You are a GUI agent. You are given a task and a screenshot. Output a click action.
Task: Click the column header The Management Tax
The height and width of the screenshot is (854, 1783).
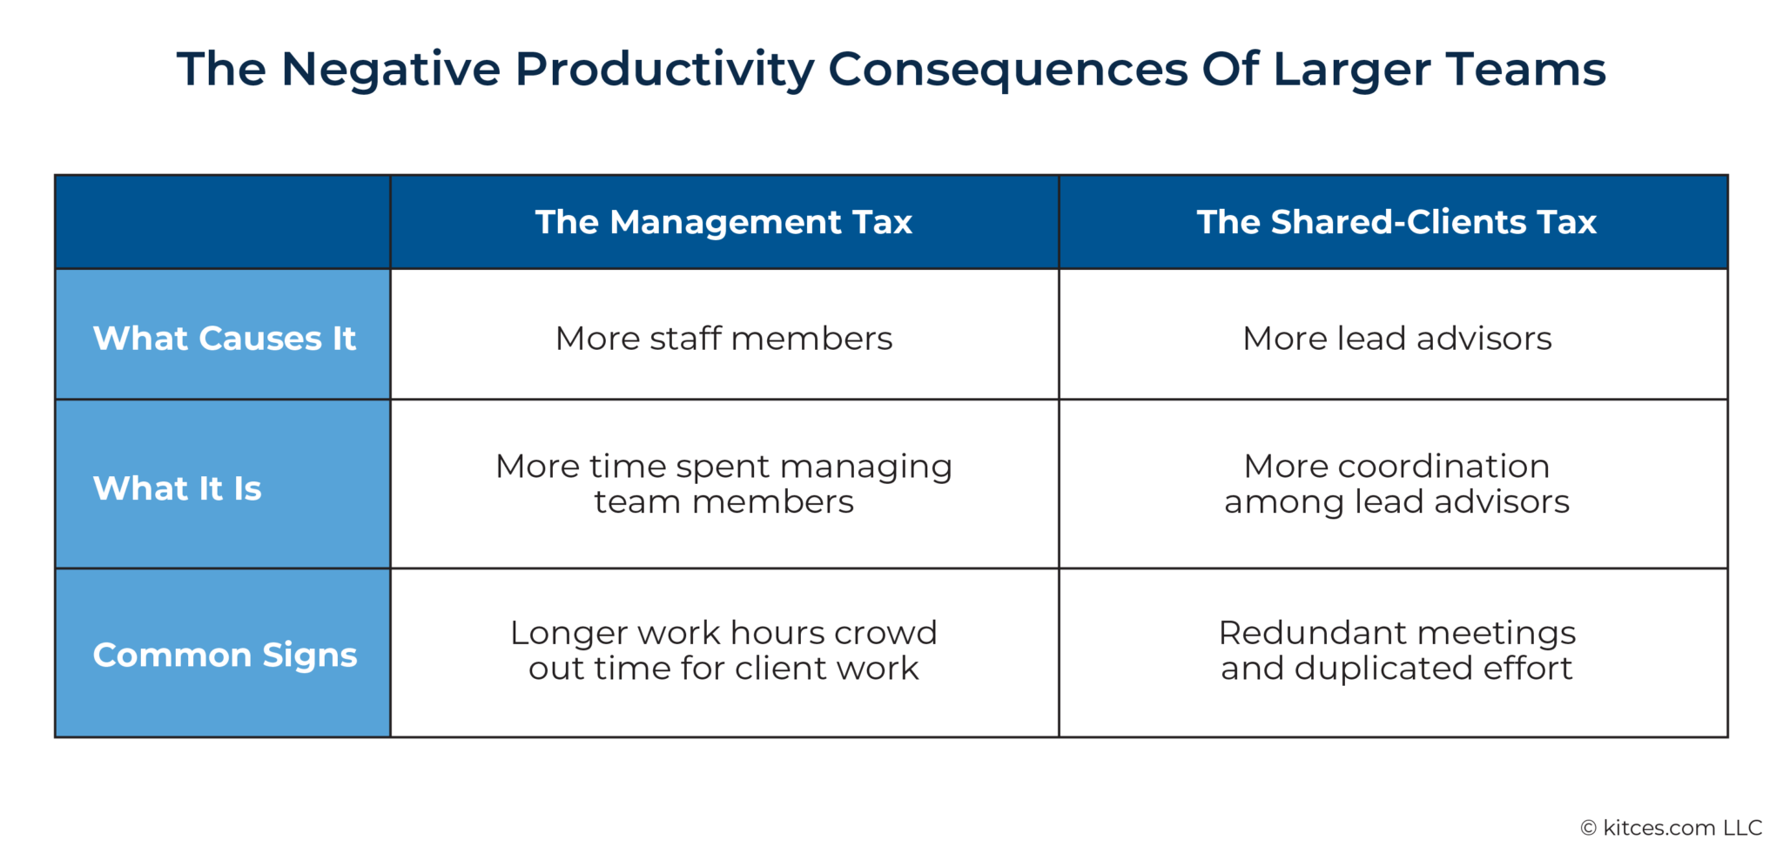tap(723, 222)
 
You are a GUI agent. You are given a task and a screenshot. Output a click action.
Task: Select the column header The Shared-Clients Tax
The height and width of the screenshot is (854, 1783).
tap(1396, 222)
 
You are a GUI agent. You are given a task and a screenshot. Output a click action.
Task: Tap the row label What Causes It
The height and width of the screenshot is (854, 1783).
tap(224, 338)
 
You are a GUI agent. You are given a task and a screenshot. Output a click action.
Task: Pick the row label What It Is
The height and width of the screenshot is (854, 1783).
tap(178, 488)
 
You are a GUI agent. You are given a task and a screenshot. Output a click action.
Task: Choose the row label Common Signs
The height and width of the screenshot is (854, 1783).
tap(225, 655)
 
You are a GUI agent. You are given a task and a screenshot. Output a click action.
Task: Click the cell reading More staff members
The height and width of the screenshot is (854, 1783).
tap(723, 338)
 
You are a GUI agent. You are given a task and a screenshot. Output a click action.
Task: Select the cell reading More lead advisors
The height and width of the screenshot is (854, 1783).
tap(1396, 338)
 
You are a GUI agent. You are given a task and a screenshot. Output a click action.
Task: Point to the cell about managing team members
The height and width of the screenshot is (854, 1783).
tap(723, 484)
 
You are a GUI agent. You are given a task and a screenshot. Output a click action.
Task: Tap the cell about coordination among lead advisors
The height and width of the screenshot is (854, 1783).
tap(1396, 484)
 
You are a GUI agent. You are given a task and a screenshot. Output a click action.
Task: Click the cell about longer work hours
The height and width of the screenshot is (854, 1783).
tap(723, 650)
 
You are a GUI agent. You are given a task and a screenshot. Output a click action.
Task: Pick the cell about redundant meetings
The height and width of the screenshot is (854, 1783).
tap(1396, 650)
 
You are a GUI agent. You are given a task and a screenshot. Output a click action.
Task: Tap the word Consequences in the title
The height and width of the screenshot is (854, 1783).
tap(1007, 70)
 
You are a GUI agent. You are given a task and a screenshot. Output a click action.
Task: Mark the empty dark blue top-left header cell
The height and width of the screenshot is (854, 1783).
tap(223, 222)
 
